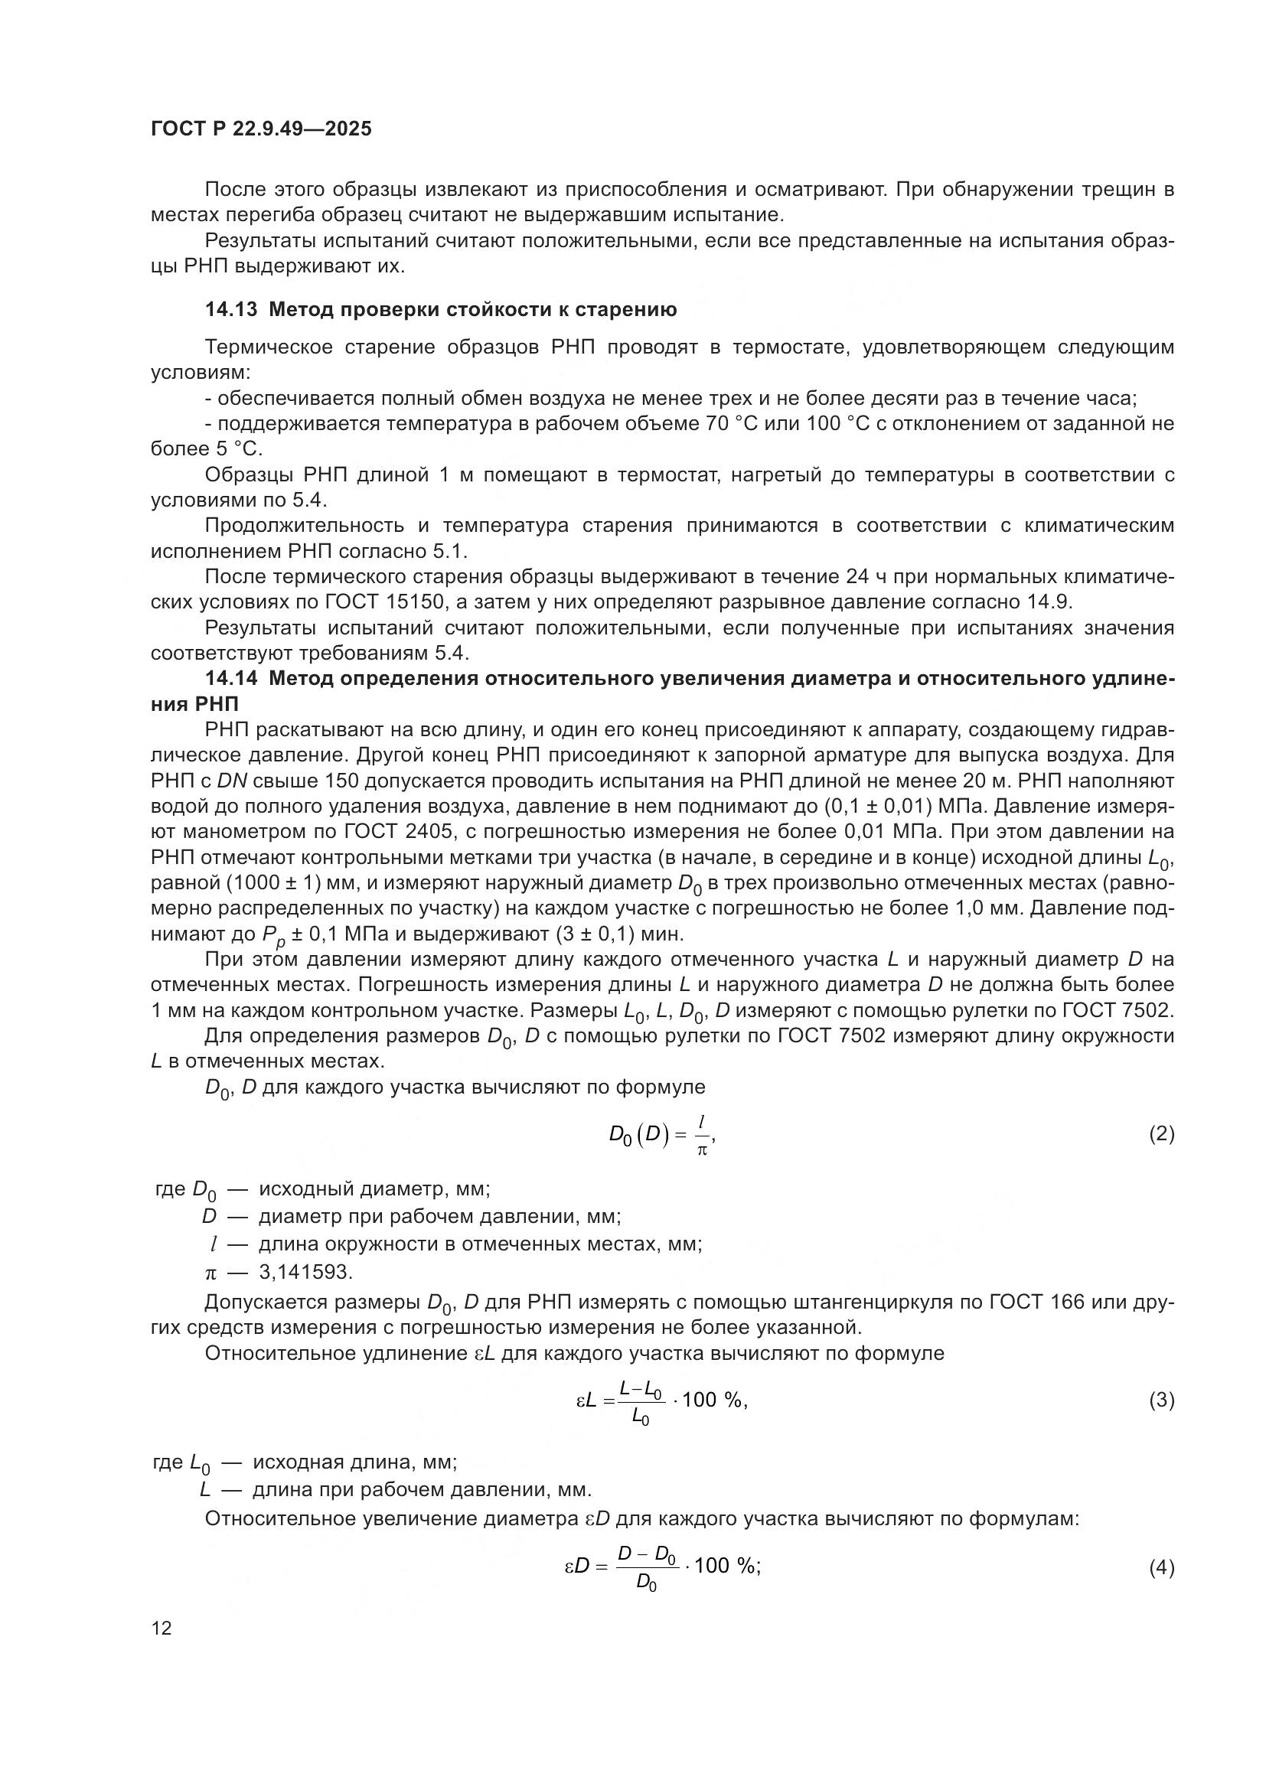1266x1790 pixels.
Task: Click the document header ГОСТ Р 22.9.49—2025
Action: (261, 129)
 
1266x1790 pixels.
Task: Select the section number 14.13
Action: (230, 309)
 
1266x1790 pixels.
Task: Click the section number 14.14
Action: (230, 678)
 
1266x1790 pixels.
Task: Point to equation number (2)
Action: (1161, 1133)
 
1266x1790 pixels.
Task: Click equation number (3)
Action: (1161, 1400)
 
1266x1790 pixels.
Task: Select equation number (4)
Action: (1161, 1567)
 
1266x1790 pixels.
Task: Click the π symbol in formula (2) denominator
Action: (701, 1150)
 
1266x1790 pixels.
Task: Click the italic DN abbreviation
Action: (231, 781)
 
